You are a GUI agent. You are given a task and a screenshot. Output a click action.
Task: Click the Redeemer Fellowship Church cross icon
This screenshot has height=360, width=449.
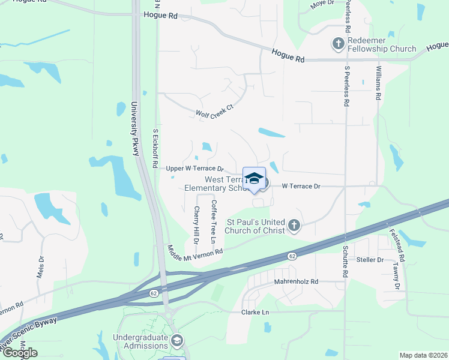tap(339, 44)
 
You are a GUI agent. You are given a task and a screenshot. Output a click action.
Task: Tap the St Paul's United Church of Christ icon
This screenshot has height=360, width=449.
tap(294, 226)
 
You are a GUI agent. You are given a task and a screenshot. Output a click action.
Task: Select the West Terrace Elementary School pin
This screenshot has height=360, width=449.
tap(255, 179)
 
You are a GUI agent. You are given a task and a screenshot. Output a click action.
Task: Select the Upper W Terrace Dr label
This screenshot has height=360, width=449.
tap(194, 169)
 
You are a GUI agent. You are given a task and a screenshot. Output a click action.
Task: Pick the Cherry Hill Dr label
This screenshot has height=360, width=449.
tap(196, 224)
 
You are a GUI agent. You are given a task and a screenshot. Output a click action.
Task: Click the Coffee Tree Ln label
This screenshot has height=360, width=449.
tap(212, 221)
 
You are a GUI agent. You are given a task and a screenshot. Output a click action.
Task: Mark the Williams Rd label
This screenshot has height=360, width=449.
tap(378, 84)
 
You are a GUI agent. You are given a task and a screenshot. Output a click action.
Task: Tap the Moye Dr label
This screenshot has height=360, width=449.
tap(322, 4)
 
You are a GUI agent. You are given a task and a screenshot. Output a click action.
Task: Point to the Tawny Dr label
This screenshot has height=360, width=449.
tap(396, 275)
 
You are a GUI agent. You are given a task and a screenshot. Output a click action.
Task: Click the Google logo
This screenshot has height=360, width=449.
tap(20, 353)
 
